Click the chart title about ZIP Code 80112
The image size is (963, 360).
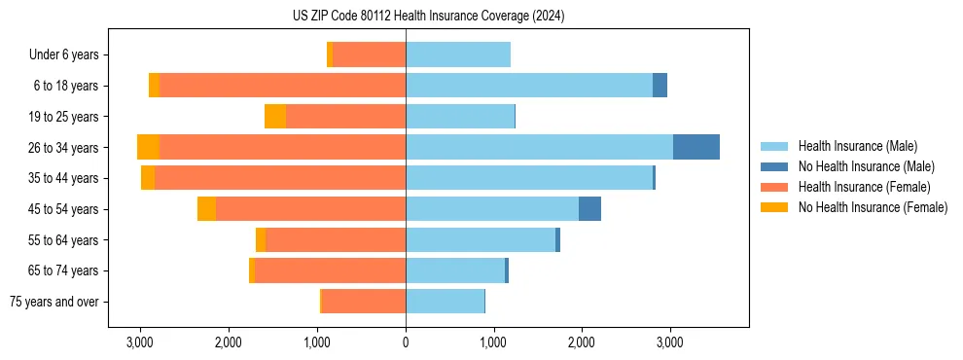(429, 17)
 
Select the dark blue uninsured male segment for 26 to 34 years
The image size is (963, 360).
(696, 147)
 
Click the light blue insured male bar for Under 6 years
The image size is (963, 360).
(458, 54)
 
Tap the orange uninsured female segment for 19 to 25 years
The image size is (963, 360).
(275, 117)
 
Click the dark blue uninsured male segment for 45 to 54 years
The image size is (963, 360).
(589, 209)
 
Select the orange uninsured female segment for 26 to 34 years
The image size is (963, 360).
(148, 147)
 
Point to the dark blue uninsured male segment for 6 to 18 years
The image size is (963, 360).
(660, 86)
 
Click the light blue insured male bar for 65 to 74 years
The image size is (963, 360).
(455, 270)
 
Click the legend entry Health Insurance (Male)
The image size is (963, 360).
(857, 146)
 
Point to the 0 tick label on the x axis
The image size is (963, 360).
(406, 342)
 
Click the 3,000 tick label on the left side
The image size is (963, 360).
(140, 342)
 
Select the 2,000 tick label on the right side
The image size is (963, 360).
(582, 342)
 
